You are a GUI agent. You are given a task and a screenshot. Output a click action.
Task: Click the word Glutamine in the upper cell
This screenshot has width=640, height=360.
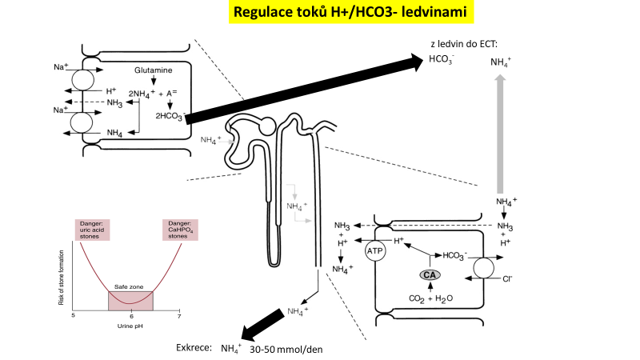click(x=154, y=70)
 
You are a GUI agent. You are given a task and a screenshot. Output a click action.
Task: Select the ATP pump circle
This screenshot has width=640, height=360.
click(x=376, y=251)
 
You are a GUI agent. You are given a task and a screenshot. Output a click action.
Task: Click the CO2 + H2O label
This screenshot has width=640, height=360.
click(x=430, y=299)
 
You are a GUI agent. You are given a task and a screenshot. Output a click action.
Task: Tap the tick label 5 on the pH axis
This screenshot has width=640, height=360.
click(x=74, y=317)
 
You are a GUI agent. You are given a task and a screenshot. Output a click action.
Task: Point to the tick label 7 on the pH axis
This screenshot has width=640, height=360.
click(x=178, y=317)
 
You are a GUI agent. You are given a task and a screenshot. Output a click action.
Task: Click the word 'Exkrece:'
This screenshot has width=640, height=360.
click(x=194, y=349)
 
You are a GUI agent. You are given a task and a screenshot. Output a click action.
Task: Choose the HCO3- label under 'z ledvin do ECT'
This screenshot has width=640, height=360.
click(x=441, y=59)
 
